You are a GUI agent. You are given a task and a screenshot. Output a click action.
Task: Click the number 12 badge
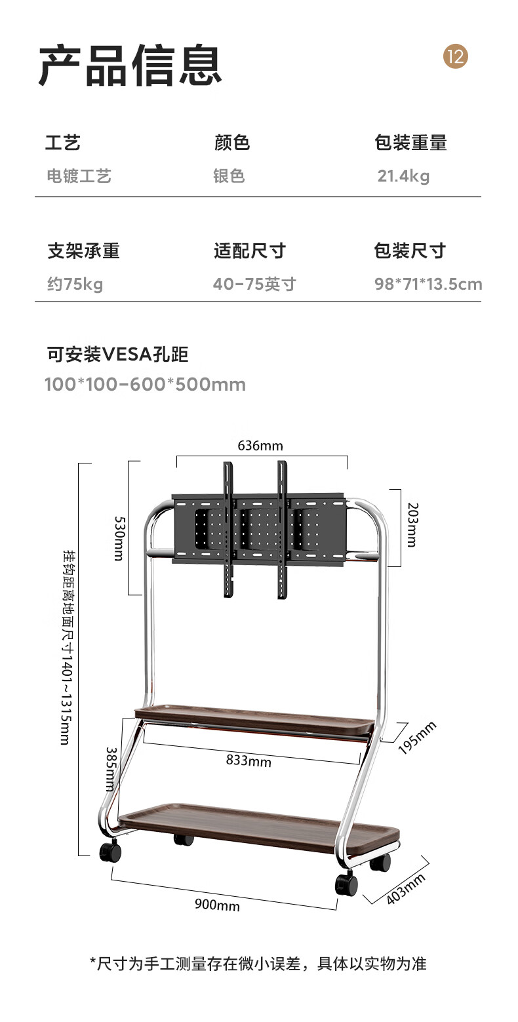click(456, 56)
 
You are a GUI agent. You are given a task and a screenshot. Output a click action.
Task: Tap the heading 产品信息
click(130, 66)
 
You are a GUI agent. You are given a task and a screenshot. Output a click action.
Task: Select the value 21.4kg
click(403, 176)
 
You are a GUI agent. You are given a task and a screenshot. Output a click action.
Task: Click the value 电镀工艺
click(79, 176)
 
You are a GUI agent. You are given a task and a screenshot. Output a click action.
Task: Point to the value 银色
click(229, 176)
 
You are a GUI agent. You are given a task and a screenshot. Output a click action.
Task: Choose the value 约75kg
click(75, 284)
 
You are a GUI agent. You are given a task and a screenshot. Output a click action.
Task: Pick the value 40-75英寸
click(254, 284)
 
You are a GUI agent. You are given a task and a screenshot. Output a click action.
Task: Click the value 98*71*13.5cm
click(428, 284)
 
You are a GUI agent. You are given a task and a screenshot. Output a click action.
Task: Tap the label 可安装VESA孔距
click(118, 355)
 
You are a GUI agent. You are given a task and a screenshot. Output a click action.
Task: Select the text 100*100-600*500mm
click(145, 384)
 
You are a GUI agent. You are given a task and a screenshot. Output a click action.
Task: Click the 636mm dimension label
click(260, 446)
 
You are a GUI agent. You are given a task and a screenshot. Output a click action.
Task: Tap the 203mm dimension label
click(411, 524)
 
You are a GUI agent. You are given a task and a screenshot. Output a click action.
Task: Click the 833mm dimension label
click(249, 760)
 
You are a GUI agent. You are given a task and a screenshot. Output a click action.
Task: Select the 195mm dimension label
click(418, 737)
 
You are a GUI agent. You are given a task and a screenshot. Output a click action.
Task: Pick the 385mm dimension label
click(111, 768)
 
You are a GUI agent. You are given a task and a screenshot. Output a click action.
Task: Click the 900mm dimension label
click(217, 905)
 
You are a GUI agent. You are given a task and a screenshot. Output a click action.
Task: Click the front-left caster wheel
click(110, 852)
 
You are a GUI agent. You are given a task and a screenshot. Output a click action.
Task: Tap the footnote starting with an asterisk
click(258, 963)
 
